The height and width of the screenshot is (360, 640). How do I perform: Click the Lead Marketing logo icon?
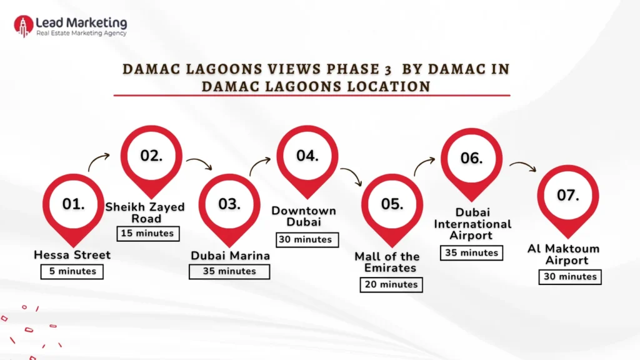click(24, 26)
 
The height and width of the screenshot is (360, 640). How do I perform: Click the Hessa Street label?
click(72, 255)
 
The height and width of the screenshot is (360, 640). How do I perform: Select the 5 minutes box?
click(72, 271)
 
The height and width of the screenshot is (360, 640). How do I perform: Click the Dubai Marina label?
click(230, 255)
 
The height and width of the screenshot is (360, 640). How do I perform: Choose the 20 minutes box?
click(391, 284)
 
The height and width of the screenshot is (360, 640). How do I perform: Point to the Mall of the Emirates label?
click(387, 262)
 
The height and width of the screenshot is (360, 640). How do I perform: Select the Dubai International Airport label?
click(472, 224)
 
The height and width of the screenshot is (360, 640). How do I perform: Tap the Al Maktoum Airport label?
click(563, 254)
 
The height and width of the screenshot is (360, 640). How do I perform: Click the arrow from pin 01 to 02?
click(99, 163)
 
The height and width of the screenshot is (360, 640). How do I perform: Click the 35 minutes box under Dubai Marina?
click(229, 271)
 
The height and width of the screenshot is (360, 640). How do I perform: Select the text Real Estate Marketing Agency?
click(81, 33)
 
